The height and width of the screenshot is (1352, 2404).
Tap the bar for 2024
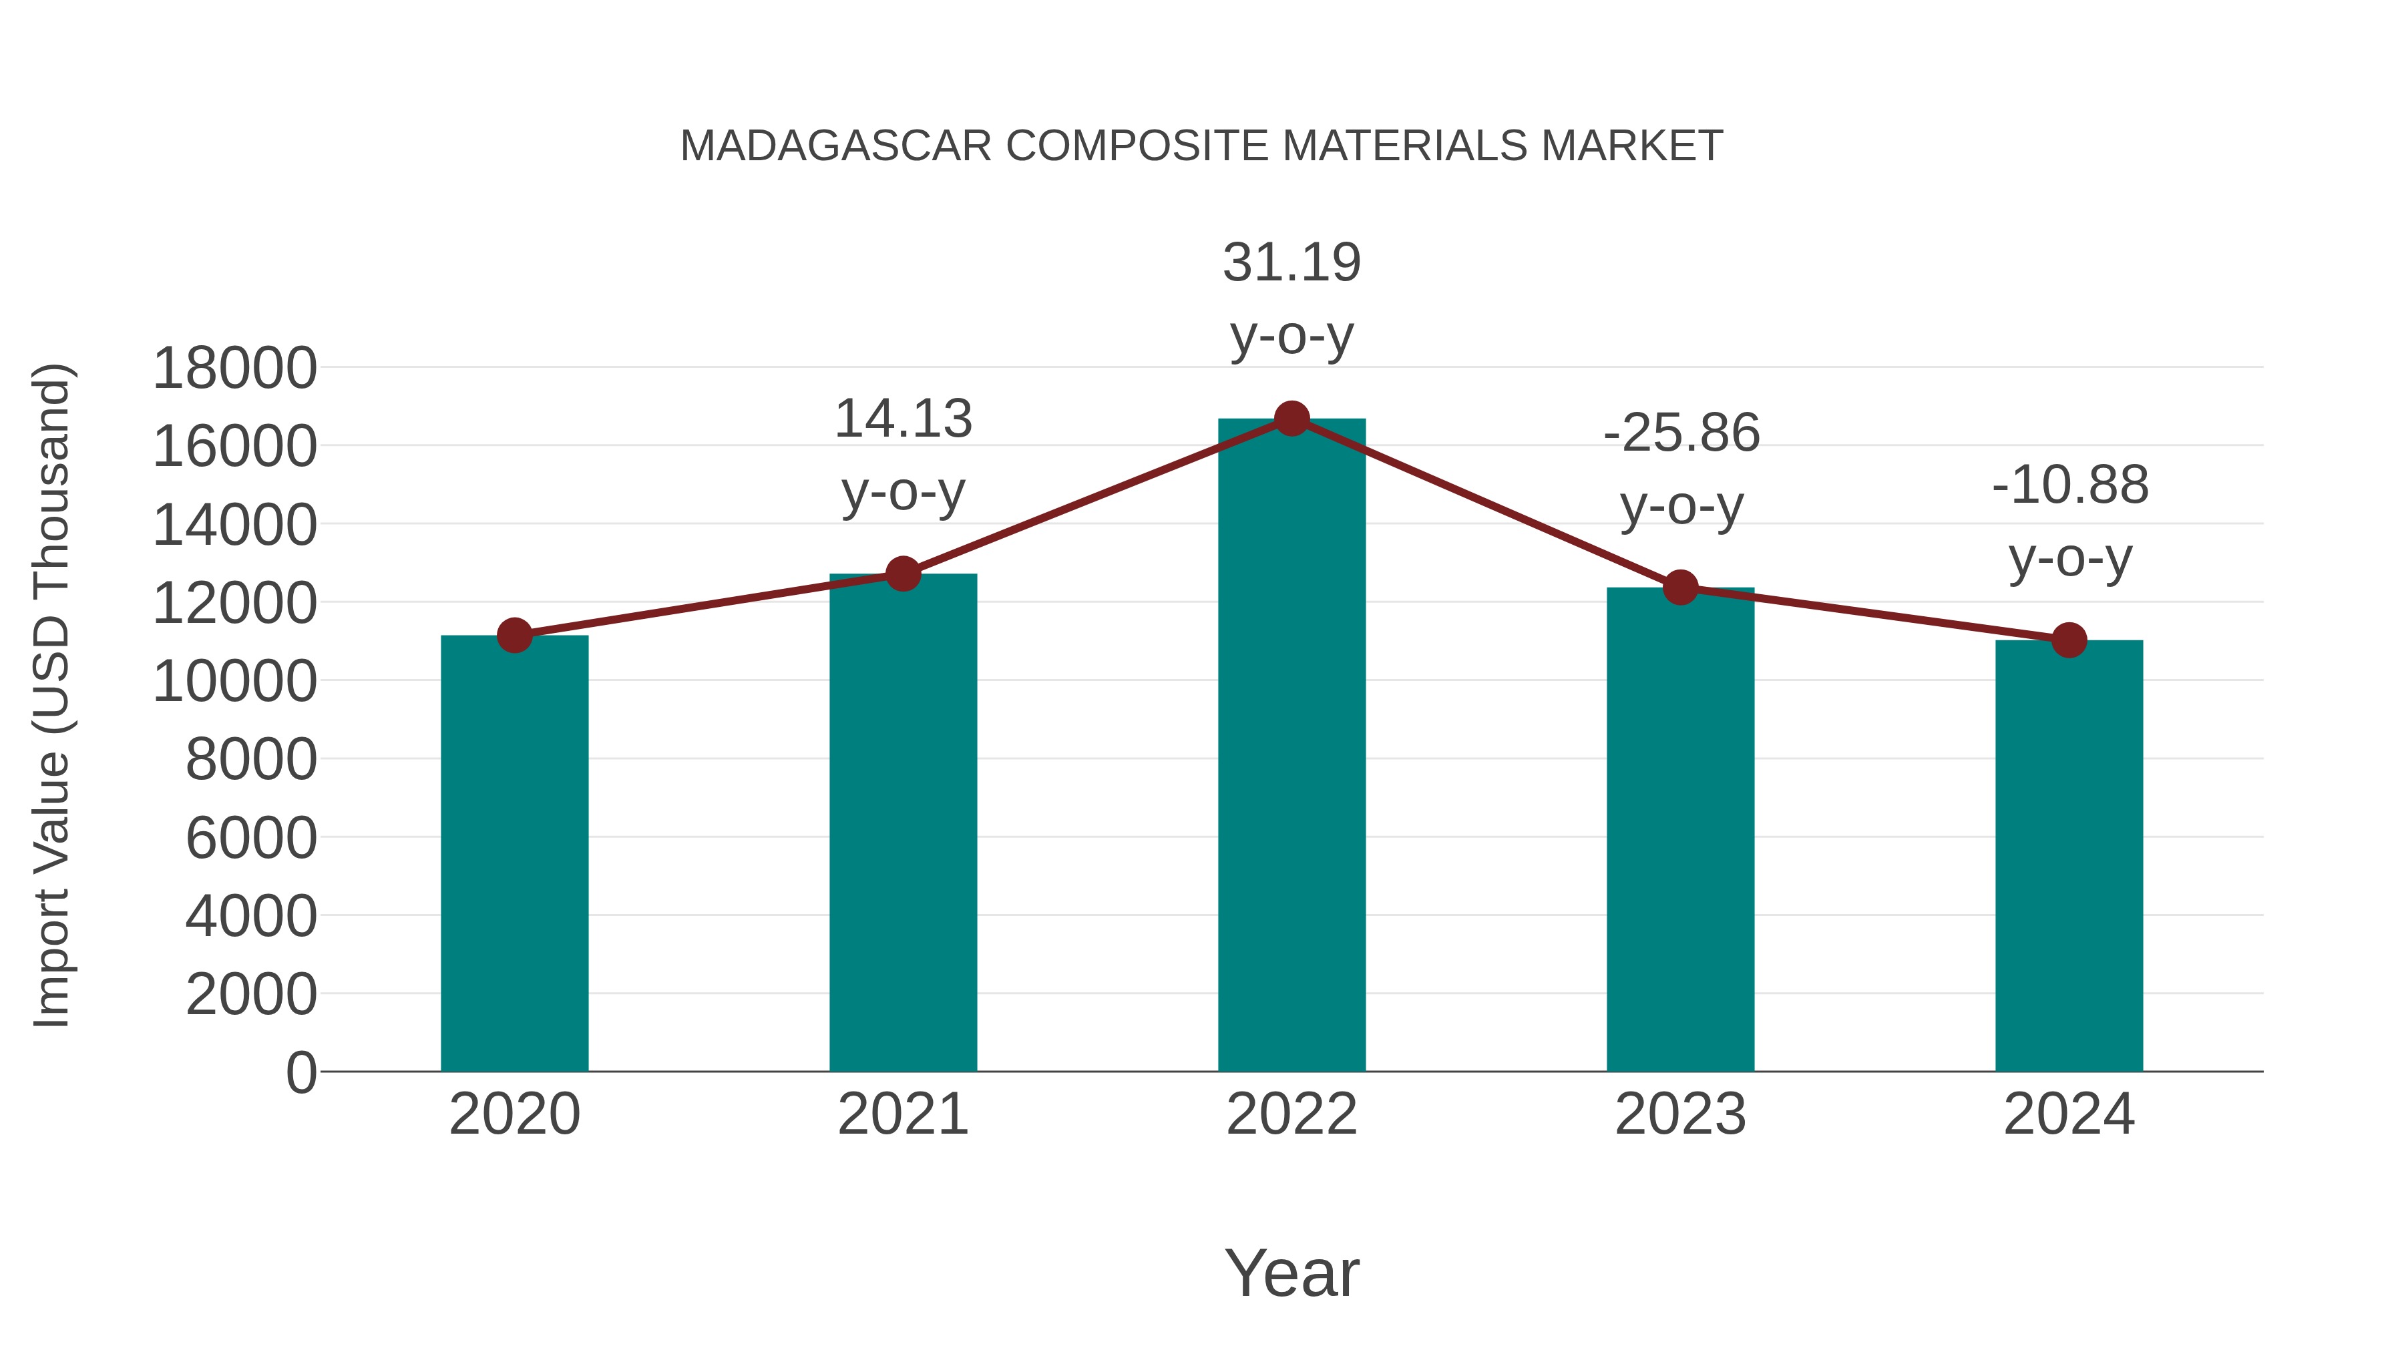pyautogui.click(x=2069, y=856)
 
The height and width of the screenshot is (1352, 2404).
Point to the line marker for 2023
pyautogui.click(x=1680, y=588)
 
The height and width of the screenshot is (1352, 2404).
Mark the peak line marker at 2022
pyautogui.click(x=1291, y=419)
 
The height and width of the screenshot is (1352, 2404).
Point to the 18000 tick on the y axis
pyautogui.click(x=234, y=368)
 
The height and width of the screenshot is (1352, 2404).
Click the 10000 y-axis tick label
pyautogui.click(x=234, y=681)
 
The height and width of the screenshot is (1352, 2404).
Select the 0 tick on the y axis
pyautogui.click(x=300, y=1072)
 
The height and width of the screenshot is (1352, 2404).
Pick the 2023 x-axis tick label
pyautogui.click(x=1680, y=1114)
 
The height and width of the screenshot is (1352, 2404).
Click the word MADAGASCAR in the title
pyautogui.click(x=835, y=146)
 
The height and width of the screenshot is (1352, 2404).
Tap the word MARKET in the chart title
pyautogui.click(x=1631, y=146)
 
